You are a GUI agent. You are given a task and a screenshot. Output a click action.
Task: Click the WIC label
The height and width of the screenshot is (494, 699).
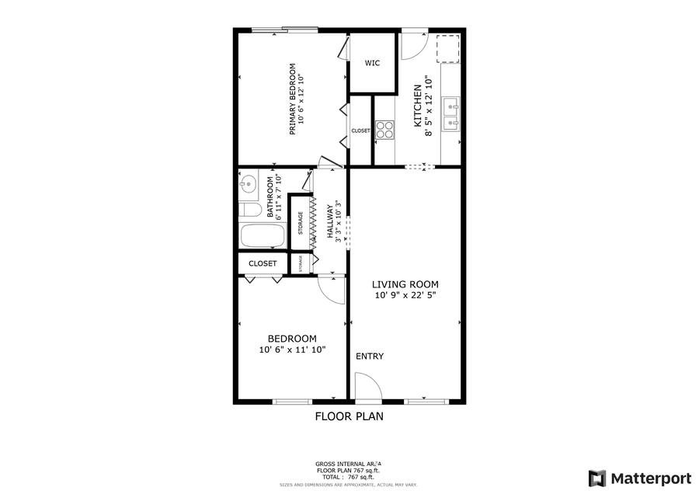[x=372, y=63]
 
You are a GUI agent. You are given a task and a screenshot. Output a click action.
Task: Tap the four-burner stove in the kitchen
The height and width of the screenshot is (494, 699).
[x=384, y=130]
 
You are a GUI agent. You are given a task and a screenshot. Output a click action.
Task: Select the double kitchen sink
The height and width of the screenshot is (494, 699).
[x=450, y=113]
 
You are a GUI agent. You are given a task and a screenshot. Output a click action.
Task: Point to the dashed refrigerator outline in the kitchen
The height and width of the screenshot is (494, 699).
[x=448, y=48]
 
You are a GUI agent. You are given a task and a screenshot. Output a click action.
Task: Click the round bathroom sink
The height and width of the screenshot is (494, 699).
[x=249, y=185]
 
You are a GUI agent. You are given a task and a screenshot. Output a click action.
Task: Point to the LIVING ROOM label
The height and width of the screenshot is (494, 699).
[x=405, y=284]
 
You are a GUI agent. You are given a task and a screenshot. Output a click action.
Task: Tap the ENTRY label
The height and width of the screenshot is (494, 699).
[x=370, y=357]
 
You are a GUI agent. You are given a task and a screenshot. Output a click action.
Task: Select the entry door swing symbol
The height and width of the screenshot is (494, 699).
[x=365, y=387]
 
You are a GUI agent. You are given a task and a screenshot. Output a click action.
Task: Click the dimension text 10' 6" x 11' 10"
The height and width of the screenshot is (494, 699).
[x=292, y=350]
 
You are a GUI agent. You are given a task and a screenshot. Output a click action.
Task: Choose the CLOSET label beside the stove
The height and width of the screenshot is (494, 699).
[x=360, y=130]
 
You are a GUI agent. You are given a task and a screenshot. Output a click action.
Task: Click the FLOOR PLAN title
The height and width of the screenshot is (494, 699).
[x=349, y=416]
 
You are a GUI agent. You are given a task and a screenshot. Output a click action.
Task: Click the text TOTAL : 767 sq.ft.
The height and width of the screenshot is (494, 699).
[x=348, y=478]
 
